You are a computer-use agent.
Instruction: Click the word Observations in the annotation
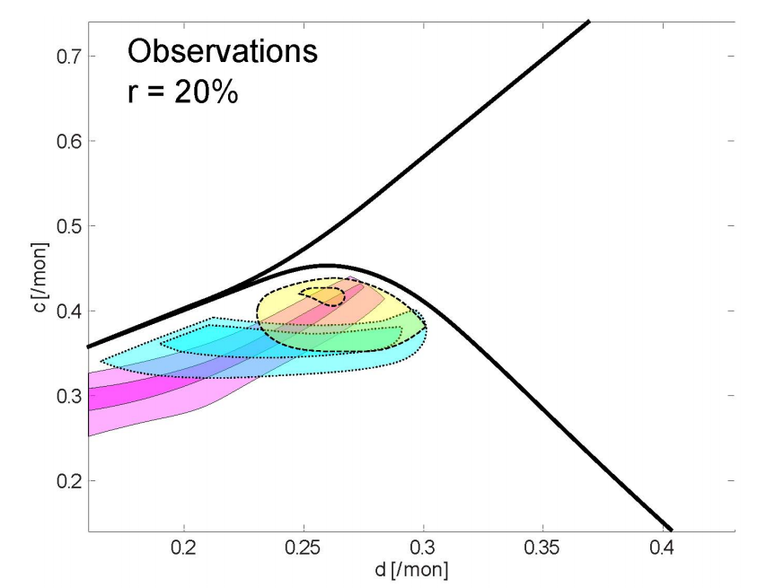click(222, 52)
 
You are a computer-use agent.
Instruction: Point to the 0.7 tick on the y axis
click(67, 57)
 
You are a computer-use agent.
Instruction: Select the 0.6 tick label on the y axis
click(67, 142)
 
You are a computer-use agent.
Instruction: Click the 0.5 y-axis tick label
click(67, 226)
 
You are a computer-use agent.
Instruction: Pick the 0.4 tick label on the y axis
click(67, 312)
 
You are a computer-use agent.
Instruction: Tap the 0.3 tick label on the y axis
click(67, 396)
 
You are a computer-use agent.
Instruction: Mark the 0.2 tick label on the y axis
click(67, 481)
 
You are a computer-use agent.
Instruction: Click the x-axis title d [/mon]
click(411, 570)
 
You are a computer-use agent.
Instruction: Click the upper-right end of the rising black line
click(588, 20)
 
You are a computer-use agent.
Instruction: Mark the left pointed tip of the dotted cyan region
click(102, 362)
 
